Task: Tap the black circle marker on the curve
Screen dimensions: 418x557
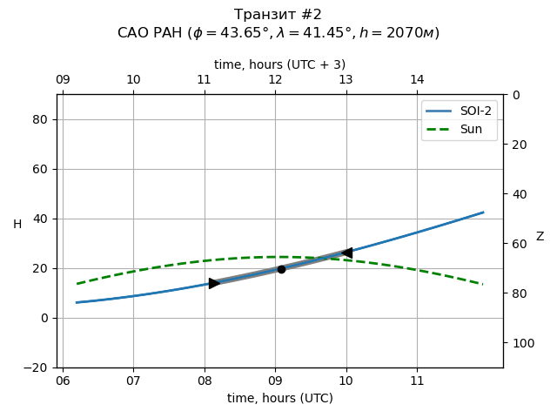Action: pos(281,269)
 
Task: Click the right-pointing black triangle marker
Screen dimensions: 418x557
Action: pos(214,283)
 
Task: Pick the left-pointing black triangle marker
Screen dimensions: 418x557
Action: pos(346,253)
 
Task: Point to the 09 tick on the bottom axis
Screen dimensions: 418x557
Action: pos(275,381)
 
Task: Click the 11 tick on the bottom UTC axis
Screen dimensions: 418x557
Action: pos(417,381)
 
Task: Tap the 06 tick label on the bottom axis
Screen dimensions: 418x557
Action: pos(63,381)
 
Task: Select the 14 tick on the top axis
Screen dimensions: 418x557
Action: pos(417,80)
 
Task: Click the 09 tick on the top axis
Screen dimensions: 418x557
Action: pos(63,80)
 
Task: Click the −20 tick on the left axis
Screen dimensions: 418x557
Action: pos(37,367)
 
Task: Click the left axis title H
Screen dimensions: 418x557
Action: pos(17,225)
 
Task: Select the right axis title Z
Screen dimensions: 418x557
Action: pos(540,237)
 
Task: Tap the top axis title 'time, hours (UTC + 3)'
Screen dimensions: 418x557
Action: pos(280,64)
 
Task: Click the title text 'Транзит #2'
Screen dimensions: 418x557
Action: pos(278,15)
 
